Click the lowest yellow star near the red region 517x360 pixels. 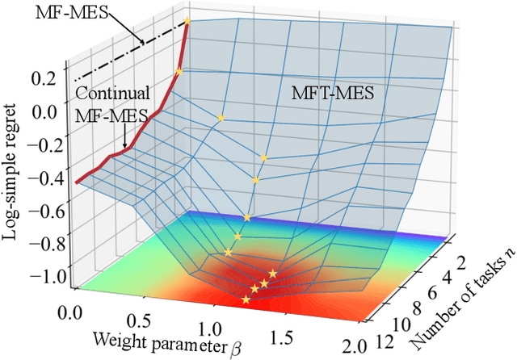tap(246, 299)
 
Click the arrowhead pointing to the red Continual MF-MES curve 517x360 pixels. tap(124, 148)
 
